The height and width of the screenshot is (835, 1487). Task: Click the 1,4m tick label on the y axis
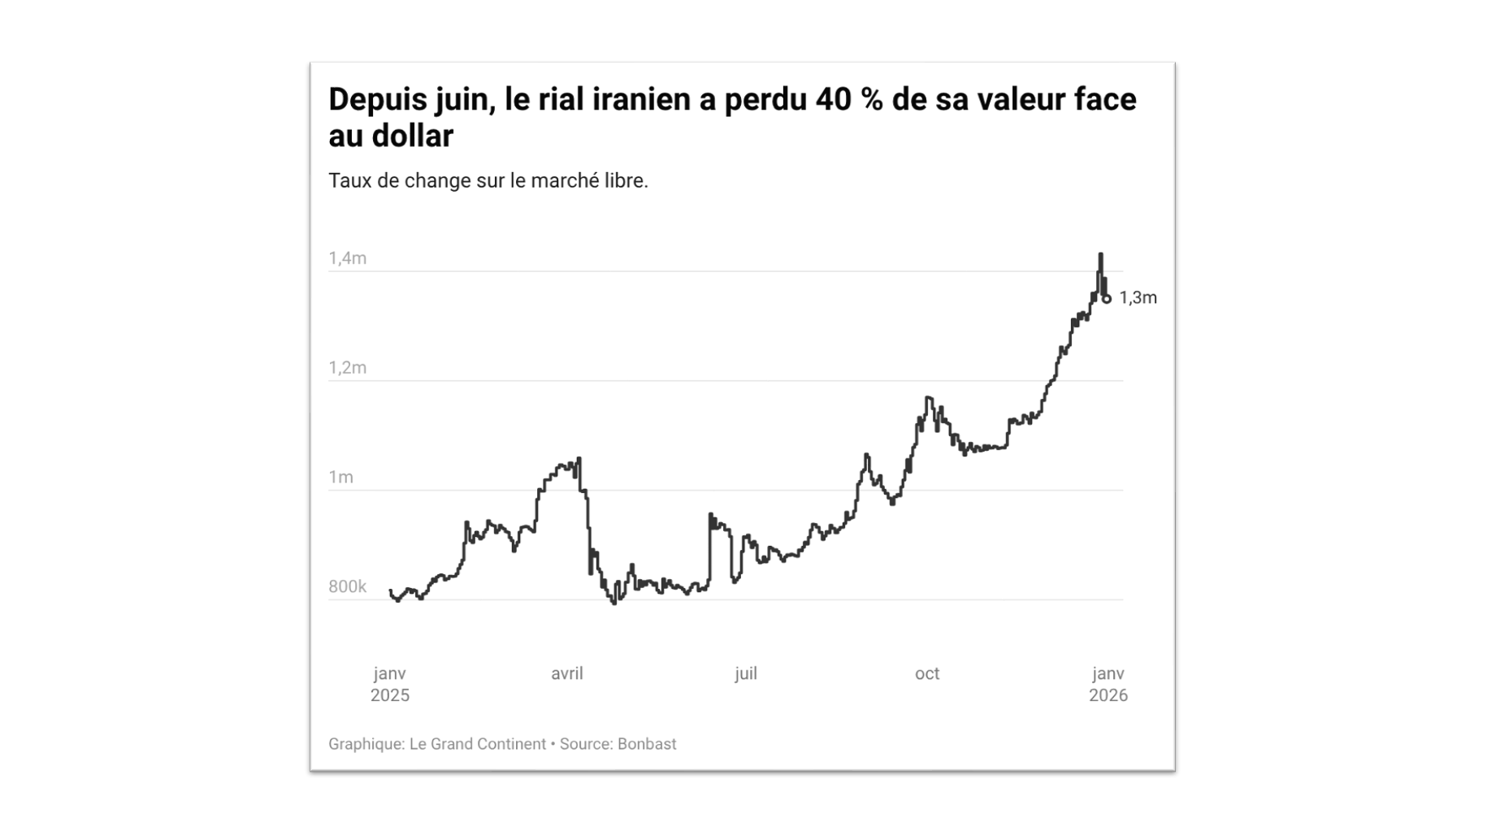tap(347, 258)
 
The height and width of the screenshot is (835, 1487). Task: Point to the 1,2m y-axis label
tap(347, 368)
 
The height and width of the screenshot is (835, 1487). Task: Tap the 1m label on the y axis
tap(340, 478)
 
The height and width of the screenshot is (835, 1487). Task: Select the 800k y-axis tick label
tap(347, 586)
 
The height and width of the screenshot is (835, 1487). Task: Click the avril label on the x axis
tap(566, 673)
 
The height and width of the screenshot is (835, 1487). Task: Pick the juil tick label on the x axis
tap(745, 673)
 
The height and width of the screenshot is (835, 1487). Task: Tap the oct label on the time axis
tap(926, 673)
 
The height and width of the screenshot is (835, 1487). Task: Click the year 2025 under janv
tap(390, 695)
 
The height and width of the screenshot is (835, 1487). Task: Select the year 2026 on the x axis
tap(1108, 695)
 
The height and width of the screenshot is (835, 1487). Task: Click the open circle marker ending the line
tap(1106, 299)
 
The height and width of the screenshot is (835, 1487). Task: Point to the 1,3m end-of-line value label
tap(1138, 298)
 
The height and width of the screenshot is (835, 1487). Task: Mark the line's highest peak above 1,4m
tap(1100, 254)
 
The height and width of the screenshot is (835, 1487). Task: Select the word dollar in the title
tap(412, 136)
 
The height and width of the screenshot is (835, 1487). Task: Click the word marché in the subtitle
tap(563, 180)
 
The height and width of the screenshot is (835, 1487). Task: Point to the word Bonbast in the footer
tap(646, 744)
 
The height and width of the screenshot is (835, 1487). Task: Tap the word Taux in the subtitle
tap(349, 180)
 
